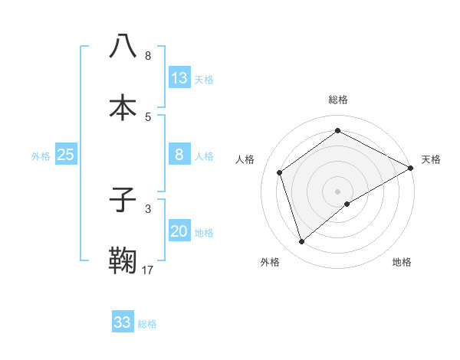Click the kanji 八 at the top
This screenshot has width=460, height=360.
[123, 46]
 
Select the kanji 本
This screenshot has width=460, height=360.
[123, 107]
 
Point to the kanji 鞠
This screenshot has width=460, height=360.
[123, 260]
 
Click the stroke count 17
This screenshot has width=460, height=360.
[148, 270]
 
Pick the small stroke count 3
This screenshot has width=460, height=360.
[148, 208]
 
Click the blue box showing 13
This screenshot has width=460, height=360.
[179, 78]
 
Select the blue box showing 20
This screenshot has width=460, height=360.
[179, 232]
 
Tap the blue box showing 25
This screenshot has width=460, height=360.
[66, 155]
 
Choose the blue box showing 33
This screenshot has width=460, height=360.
[123, 322]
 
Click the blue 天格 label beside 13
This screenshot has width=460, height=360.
[203, 80]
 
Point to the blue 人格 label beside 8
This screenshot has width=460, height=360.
[203, 156]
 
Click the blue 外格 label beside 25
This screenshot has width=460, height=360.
[41, 156]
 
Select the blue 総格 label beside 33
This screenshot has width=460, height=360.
[147, 324]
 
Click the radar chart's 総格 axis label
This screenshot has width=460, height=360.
[337, 100]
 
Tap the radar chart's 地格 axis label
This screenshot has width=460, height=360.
[402, 263]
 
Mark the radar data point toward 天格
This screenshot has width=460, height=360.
[411, 169]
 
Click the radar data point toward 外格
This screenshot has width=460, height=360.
[301, 242]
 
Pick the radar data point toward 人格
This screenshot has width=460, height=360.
[280, 172]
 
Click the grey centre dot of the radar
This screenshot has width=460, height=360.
[337, 191]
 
